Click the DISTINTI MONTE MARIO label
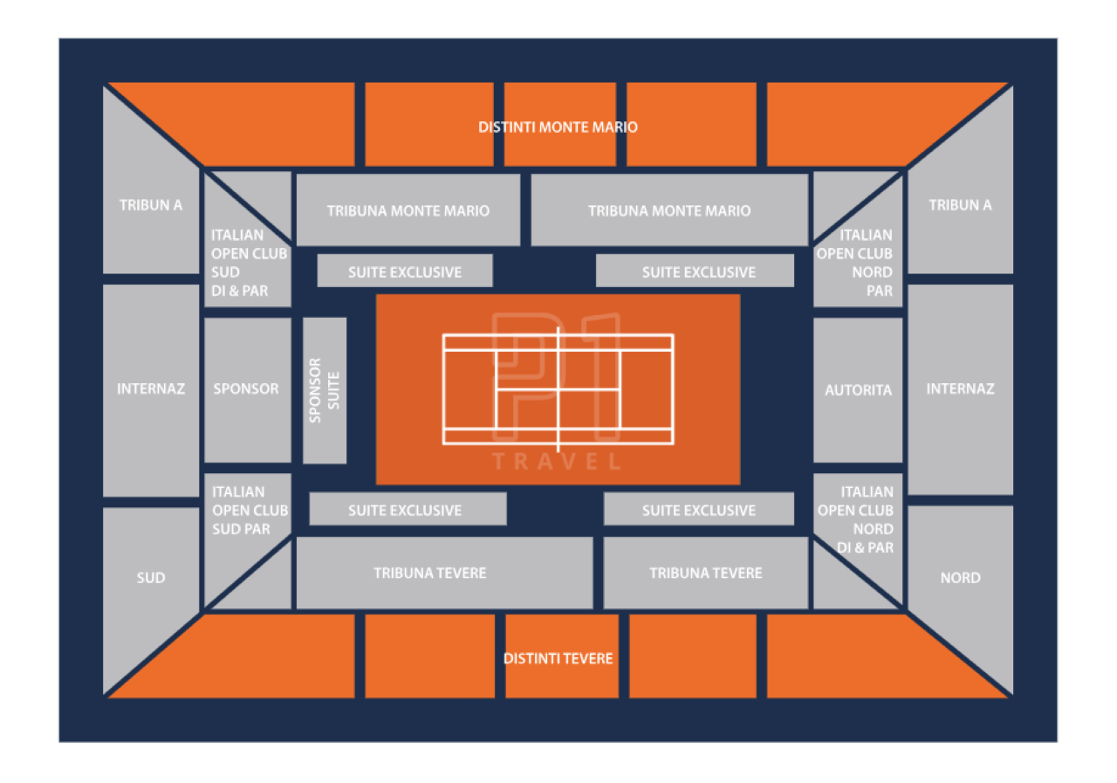pyautogui.click(x=558, y=127)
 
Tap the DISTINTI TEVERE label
pyautogui.click(x=558, y=658)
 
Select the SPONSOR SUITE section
pyautogui.click(x=325, y=390)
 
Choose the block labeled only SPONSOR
pyautogui.click(x=248, y=390)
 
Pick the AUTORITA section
pyautogui.click(x=858, y=390)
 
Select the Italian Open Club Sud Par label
pyautogui.click(x=250, y=510)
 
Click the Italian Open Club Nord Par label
pyautogui.click(x=854, y=263)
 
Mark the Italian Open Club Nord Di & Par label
pyautogui.click(x=855, y=519)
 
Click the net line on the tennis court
pyautogui.click(x=558, y=389)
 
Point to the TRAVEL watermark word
pyautogui.click(x=557, y=461)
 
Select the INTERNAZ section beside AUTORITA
pyautogui.click(x=961, y=389)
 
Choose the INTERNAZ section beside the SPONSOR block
pyautogui.click(x=151, y=390)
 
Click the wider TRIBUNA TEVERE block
pyautogui.click(x=444, y=573)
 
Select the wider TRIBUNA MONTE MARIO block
pyautogui.click(x=669, y=210)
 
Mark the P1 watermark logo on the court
pyautogui.click(x=557, y=377)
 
